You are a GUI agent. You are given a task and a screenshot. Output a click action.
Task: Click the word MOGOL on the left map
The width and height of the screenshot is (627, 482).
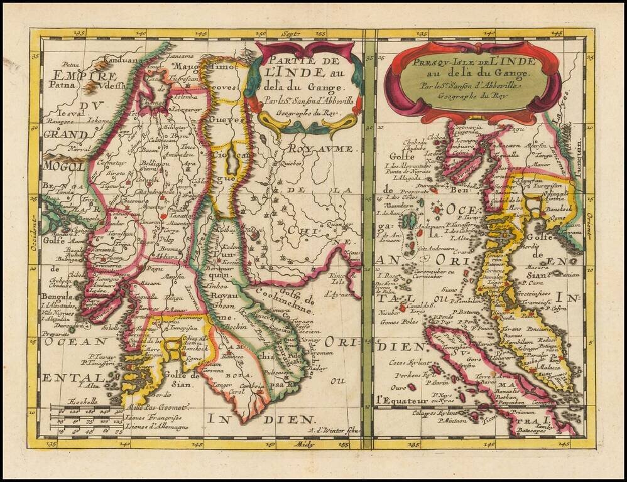(63, 166)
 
